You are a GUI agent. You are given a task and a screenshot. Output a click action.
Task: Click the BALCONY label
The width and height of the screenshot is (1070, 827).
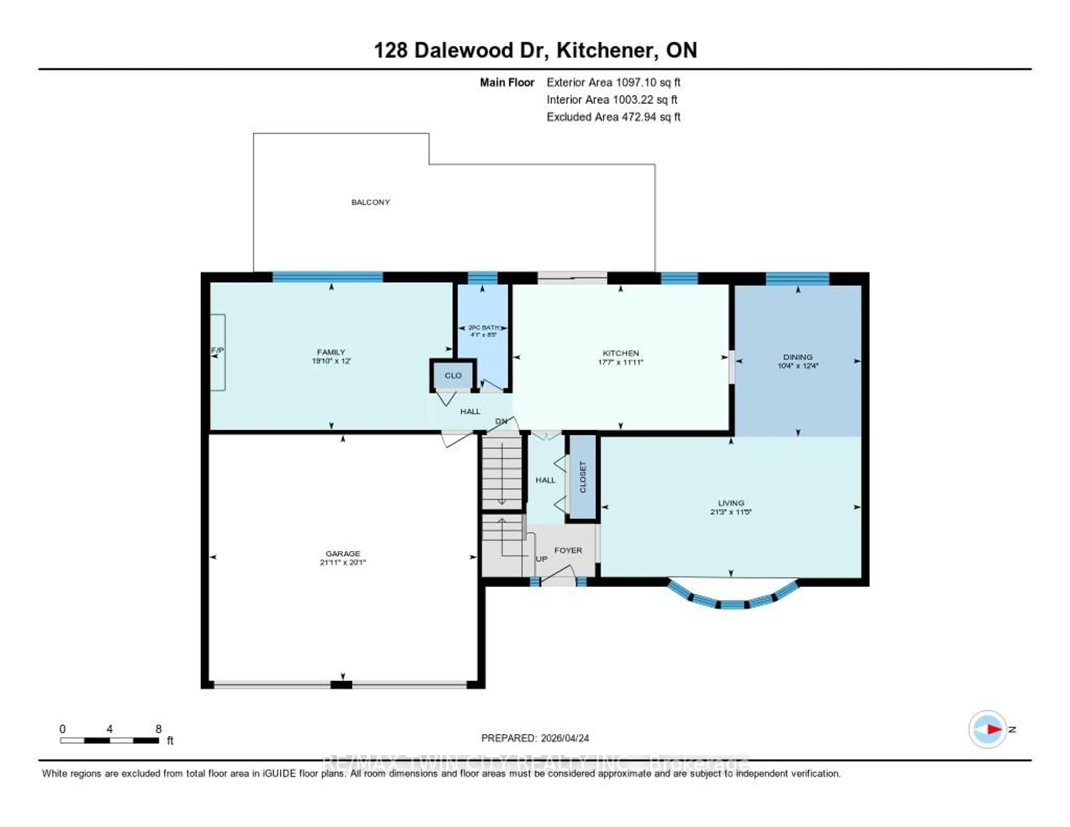click(x=370, y=202)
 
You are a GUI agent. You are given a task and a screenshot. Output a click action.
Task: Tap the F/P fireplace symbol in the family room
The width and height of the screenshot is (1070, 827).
click(x=218, y=351)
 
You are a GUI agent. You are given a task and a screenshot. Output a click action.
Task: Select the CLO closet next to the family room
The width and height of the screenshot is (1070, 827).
click(x=453, y=376)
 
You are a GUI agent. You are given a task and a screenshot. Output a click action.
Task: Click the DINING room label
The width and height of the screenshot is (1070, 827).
click(x=797, y=357)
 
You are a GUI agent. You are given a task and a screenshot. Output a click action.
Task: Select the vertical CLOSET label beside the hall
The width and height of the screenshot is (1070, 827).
click(x=583, y=477)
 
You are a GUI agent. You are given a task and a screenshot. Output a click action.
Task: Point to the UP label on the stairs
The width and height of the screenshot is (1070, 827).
click(x=541, y=559)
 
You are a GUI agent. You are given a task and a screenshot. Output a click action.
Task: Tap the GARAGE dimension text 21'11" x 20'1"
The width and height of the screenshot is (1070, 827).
click(x=343, y=563)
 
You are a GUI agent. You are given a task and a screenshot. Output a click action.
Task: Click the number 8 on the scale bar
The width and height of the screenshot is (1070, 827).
click(x=158, y=729)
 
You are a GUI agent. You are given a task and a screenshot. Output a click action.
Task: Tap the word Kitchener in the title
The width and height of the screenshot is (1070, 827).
click(x=607, y=50)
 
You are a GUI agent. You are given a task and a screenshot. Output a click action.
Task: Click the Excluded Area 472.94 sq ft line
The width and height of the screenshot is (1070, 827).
click(x=613, y=117)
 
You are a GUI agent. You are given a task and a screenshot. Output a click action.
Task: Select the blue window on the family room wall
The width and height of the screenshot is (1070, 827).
click(x=327, y=277)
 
